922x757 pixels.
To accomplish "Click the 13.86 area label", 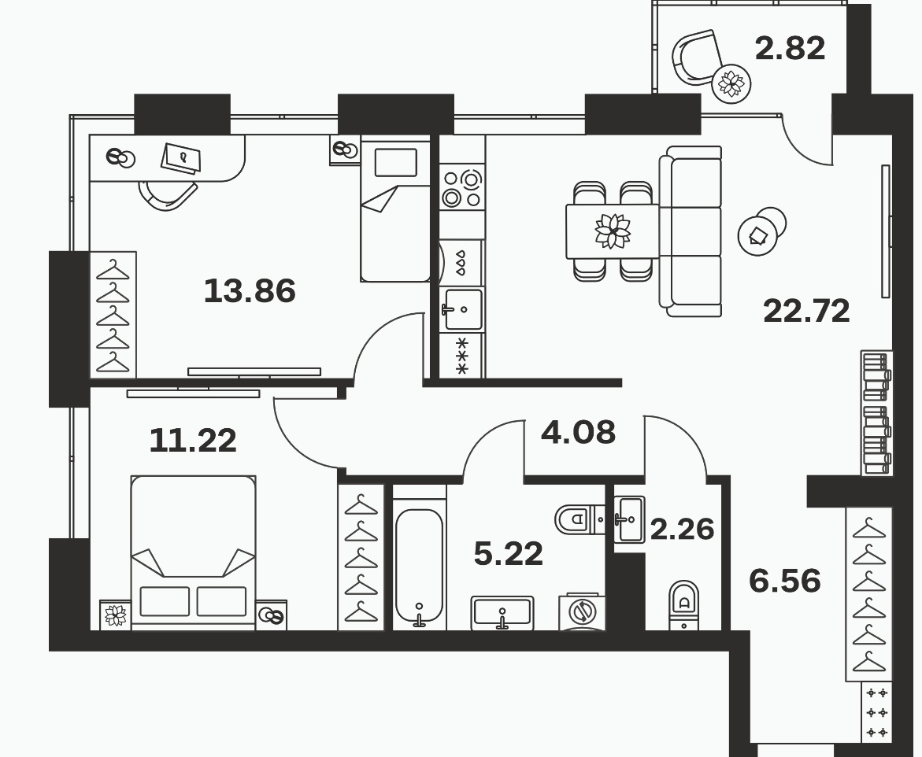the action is (250, 291).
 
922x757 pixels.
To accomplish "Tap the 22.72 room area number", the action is (806, 311).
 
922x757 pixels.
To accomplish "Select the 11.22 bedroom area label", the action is (193, 440).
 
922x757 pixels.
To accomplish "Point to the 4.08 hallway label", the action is (578, 432).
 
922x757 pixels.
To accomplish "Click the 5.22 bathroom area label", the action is (509, 554).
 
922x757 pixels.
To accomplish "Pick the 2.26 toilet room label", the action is (682, 529).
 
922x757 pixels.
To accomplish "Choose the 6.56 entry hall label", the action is (785, 581).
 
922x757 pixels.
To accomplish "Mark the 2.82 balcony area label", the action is (790, 48).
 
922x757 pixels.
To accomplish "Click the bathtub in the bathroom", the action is (419, 564).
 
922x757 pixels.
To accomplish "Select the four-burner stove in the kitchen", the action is (462, 188).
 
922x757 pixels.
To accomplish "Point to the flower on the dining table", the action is (613, 231).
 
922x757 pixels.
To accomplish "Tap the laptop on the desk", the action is (181, 157).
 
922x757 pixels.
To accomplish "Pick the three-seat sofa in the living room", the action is (691, 231).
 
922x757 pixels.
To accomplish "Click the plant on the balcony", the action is (731, 83).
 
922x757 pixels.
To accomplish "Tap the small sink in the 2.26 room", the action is (629, 519).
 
